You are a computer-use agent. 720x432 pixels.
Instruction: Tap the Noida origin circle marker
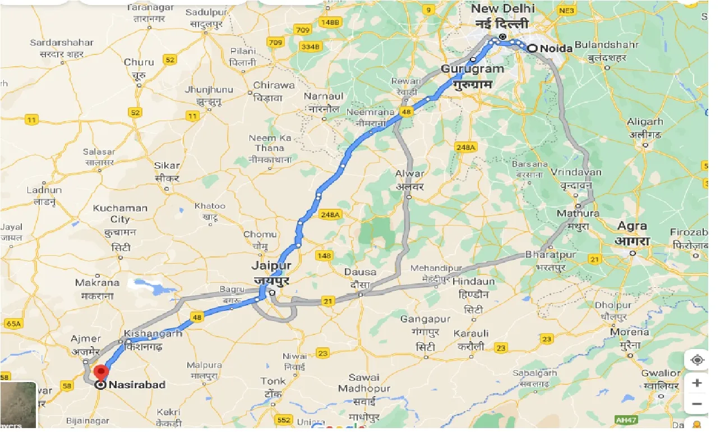[532, 49]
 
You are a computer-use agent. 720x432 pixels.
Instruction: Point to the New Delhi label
[502, 9]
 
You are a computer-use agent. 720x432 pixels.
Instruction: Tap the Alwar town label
[410, 174]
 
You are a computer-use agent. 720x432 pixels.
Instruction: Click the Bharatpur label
[551, 255]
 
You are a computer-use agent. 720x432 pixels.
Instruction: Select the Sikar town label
[167, 166]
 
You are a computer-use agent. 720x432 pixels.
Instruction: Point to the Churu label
[139, 62]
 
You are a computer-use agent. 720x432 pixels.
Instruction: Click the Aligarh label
[645, 122]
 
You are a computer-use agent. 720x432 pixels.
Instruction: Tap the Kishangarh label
[154, 333]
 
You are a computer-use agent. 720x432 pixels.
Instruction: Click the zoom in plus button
[697, 383]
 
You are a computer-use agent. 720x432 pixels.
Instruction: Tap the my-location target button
[697, 360]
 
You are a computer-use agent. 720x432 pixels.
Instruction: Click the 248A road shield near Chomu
[331, 214]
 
